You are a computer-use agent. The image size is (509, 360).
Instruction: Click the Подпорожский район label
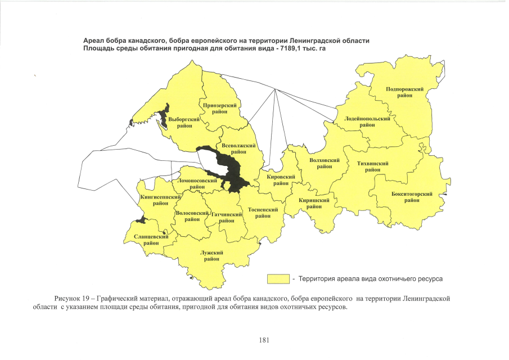[404, 92]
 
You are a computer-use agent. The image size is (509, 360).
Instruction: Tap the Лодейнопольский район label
[367, 123]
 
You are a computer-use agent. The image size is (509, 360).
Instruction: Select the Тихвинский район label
[373, 166]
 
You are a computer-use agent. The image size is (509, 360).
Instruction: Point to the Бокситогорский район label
[412, 197]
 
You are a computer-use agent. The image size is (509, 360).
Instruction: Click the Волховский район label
[325, 163]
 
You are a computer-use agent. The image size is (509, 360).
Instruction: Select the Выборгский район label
[184, 123]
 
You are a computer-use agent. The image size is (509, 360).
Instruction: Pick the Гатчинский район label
[226, 218]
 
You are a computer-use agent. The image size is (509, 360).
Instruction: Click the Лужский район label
[211, 256]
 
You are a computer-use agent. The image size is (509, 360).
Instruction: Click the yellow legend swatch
[278, 278]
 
